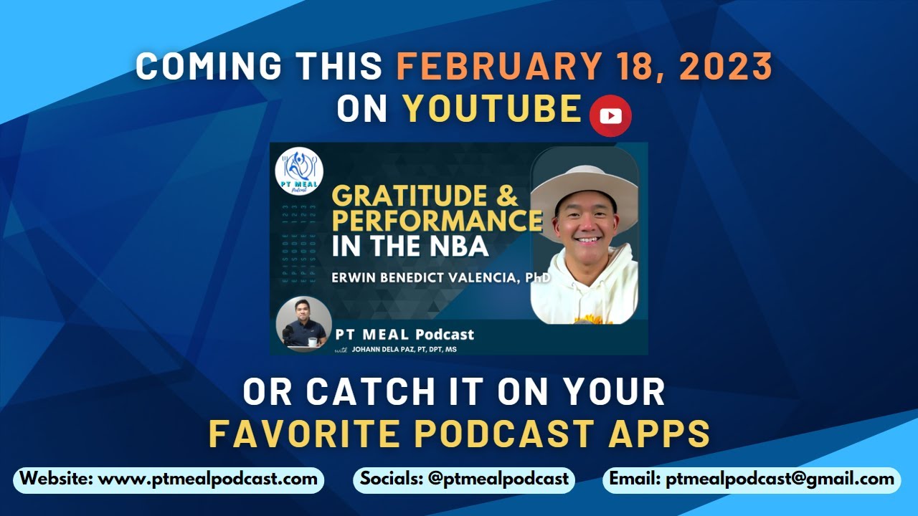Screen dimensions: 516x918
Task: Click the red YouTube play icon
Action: (610, 115)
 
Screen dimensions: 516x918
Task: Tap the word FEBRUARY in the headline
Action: (496, 67)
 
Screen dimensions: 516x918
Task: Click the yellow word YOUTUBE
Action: (492, 109)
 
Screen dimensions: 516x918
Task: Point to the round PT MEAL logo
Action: (299, 171)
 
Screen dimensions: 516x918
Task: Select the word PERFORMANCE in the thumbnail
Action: (437, 220)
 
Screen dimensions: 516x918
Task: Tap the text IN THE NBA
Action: (410, 246)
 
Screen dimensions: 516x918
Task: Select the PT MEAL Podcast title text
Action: (404, 334)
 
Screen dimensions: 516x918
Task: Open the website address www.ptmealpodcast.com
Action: (207, 479)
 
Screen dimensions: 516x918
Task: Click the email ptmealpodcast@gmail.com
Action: (780, 479)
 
